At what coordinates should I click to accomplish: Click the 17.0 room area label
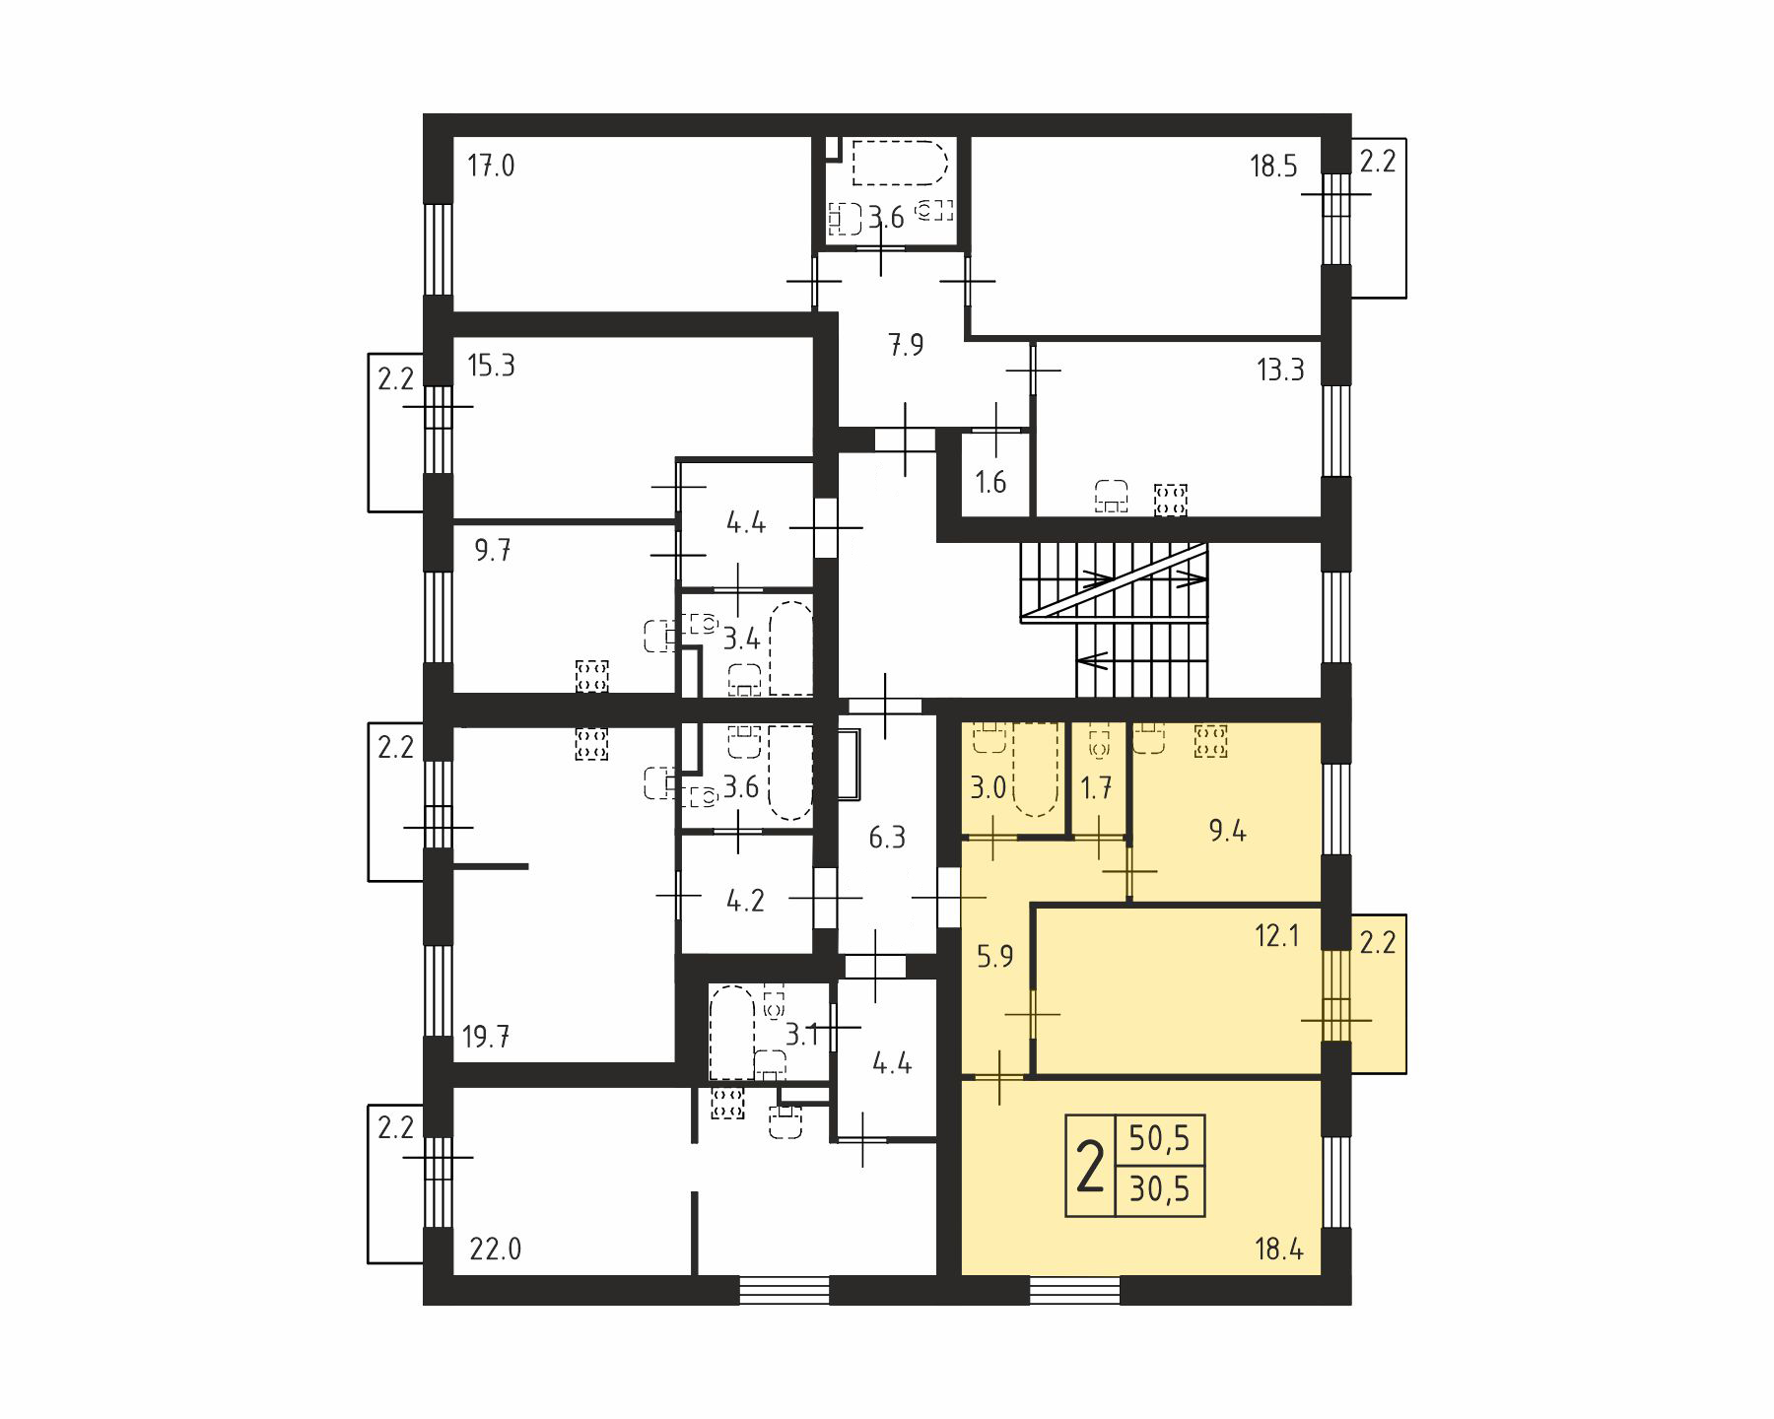[491, 166]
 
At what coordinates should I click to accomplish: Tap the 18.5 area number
[1273, 166]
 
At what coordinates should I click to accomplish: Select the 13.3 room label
[1280, 370]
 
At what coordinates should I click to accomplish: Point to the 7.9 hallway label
[906, 345]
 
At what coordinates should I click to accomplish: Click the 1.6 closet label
[990, 482]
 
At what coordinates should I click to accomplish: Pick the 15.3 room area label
[491, 366]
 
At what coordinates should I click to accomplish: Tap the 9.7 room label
[493, 550]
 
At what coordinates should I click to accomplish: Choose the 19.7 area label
[486, 1037]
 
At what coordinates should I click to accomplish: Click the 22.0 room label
[495, 1250]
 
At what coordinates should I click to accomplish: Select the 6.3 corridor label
[887, 838]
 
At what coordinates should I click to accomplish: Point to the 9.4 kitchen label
[1227, 832]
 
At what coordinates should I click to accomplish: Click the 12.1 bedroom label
[1276, 935]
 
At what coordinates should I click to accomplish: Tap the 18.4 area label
[1279, 1250]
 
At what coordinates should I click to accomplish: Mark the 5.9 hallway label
[994, 956]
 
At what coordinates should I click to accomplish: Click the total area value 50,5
[1160, 1139]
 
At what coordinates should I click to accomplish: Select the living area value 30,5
[1160, 1189]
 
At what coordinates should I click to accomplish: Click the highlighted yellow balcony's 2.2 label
[1378, 943]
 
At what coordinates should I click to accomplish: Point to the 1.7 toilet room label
[1096, 788]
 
